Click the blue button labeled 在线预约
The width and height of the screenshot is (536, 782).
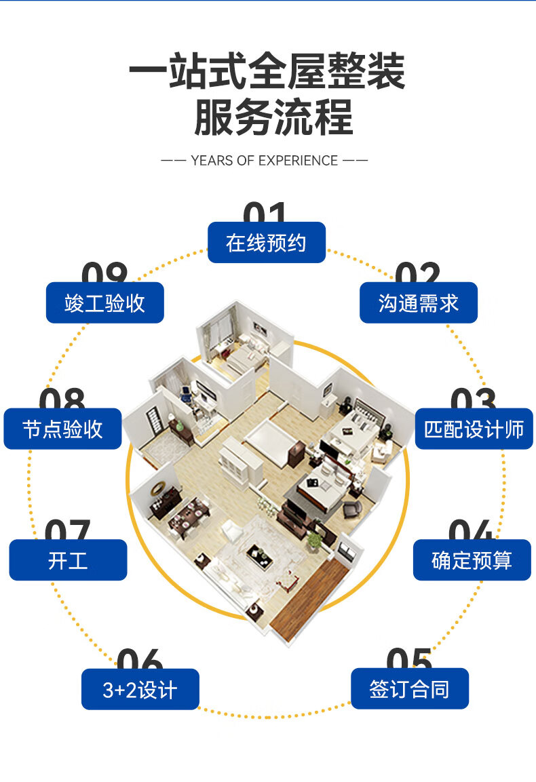266,243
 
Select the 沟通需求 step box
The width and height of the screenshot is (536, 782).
418,303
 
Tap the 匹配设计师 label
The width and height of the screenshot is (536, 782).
474,429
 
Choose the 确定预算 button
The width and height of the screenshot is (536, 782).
472,560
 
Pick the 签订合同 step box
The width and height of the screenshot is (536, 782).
409,689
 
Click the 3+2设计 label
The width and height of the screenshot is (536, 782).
140,690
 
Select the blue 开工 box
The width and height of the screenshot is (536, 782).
68,560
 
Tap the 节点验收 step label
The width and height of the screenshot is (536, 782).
62,429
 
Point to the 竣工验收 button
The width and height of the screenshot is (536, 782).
104,303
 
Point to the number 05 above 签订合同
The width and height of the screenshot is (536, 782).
409,659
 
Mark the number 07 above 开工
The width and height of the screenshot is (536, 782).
67,530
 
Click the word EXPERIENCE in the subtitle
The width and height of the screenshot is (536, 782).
298,161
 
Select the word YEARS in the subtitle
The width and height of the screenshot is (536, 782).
212,161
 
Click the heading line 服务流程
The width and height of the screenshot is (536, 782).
273,117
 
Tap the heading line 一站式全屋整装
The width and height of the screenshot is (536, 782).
267,71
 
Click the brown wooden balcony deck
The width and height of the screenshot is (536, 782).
309,597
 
